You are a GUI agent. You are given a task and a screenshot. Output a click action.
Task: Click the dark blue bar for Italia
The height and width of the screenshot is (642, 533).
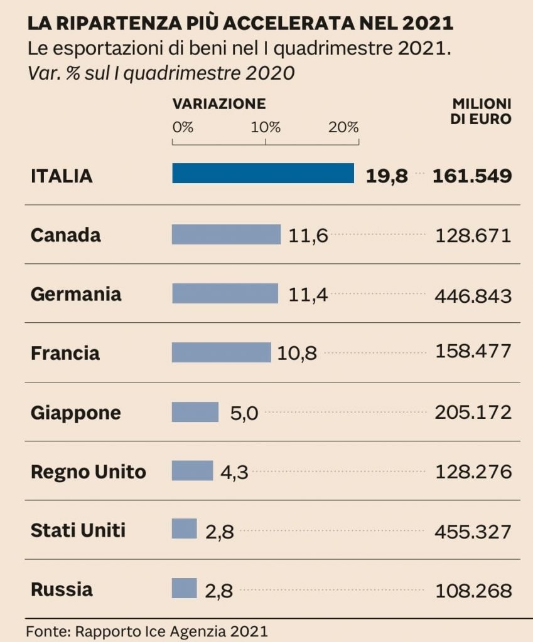click(263, 174)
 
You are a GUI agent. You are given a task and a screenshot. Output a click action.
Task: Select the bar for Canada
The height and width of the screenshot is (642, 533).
click(226, 234)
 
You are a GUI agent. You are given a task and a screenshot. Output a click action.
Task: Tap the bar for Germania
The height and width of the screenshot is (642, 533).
click(225, 293)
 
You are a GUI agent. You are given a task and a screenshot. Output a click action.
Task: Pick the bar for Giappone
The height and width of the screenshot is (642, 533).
click(195, 413)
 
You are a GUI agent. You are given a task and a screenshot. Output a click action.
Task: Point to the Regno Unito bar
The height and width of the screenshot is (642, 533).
click(192, 471)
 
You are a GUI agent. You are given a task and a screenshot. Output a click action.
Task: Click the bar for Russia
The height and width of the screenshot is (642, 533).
click(184, 589)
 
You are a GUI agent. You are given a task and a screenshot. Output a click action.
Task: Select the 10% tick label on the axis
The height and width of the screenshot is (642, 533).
click(266, 127)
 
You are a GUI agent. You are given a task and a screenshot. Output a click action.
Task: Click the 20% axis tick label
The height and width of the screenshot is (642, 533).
click(343, 127)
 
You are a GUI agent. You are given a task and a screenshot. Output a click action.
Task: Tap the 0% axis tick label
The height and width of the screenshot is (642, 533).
click(183, 127)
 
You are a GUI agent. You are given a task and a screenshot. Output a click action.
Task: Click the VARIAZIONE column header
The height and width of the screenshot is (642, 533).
click(219, 104)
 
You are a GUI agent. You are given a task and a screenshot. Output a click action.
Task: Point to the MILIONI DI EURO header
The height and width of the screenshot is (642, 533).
click(482, 111)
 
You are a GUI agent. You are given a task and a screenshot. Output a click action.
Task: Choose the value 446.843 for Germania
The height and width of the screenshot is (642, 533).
click(473, 295)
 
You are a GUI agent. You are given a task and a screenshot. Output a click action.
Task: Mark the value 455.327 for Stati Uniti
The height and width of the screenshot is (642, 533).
click(473, 532)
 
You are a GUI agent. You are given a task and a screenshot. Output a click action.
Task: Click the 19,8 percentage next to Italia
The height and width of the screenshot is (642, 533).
click(387, 176)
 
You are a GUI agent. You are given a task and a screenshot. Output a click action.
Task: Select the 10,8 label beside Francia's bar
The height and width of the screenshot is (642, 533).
click(297, 354)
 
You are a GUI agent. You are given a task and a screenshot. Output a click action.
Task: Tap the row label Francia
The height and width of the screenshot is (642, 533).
click(65, 353)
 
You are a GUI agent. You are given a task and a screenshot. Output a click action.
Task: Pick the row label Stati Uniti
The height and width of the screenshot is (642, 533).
click(78, 530)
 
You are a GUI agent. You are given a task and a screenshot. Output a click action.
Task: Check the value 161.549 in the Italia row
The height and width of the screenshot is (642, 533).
click(471, 176)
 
